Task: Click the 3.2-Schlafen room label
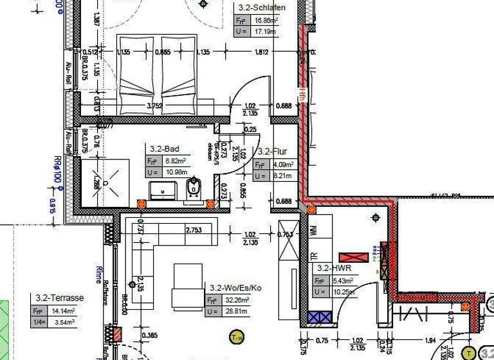point(262,8)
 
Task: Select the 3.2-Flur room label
point(271,152)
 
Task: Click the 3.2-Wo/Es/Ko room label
point(236,287)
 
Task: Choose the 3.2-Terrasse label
point(60,298)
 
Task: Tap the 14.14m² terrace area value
point(64,310)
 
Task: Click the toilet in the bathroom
point(192,188)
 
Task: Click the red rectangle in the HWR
point(354,258)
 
